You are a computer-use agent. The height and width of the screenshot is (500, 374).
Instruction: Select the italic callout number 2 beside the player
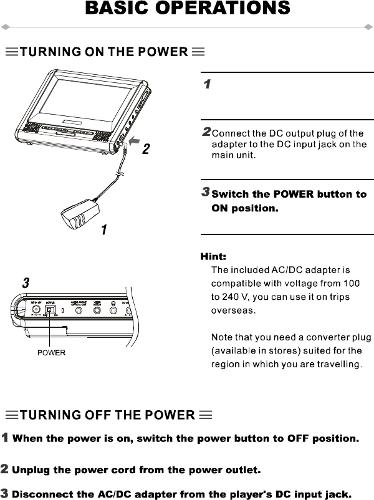click(146, 150)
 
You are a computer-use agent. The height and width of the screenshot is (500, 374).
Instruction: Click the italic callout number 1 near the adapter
click(104, 230)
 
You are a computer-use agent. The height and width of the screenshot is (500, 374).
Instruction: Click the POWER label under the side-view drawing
click(50, 352)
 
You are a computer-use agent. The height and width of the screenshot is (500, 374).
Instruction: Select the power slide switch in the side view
click(50, 310)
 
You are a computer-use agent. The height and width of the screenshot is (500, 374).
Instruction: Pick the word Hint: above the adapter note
click(213, 257)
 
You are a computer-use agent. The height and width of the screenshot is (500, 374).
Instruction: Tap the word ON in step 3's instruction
click(219, 208)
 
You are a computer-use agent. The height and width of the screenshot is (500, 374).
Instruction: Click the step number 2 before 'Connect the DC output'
click(206, 132)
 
